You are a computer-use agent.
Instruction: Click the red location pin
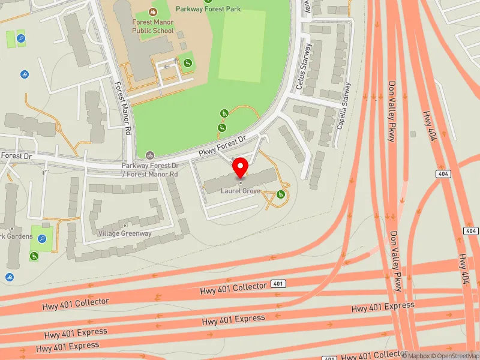[x=241, y=167]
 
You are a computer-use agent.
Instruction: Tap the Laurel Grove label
[x=241, y=191]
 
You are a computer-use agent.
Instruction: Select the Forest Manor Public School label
[x=153, y=26]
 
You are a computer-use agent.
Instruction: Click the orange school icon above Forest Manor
[x=153, y=11]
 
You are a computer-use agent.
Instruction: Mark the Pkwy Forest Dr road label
[x=223, y=148]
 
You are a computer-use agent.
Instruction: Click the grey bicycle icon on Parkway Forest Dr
[x=149, y=155]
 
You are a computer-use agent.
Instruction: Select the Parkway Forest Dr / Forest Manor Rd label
[x=150, y=170]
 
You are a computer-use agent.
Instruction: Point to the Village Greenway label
[x=125, y=233]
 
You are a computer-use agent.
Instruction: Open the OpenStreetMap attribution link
[x=457, y=355]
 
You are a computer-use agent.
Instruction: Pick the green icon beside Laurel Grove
[x=281, y=194]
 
